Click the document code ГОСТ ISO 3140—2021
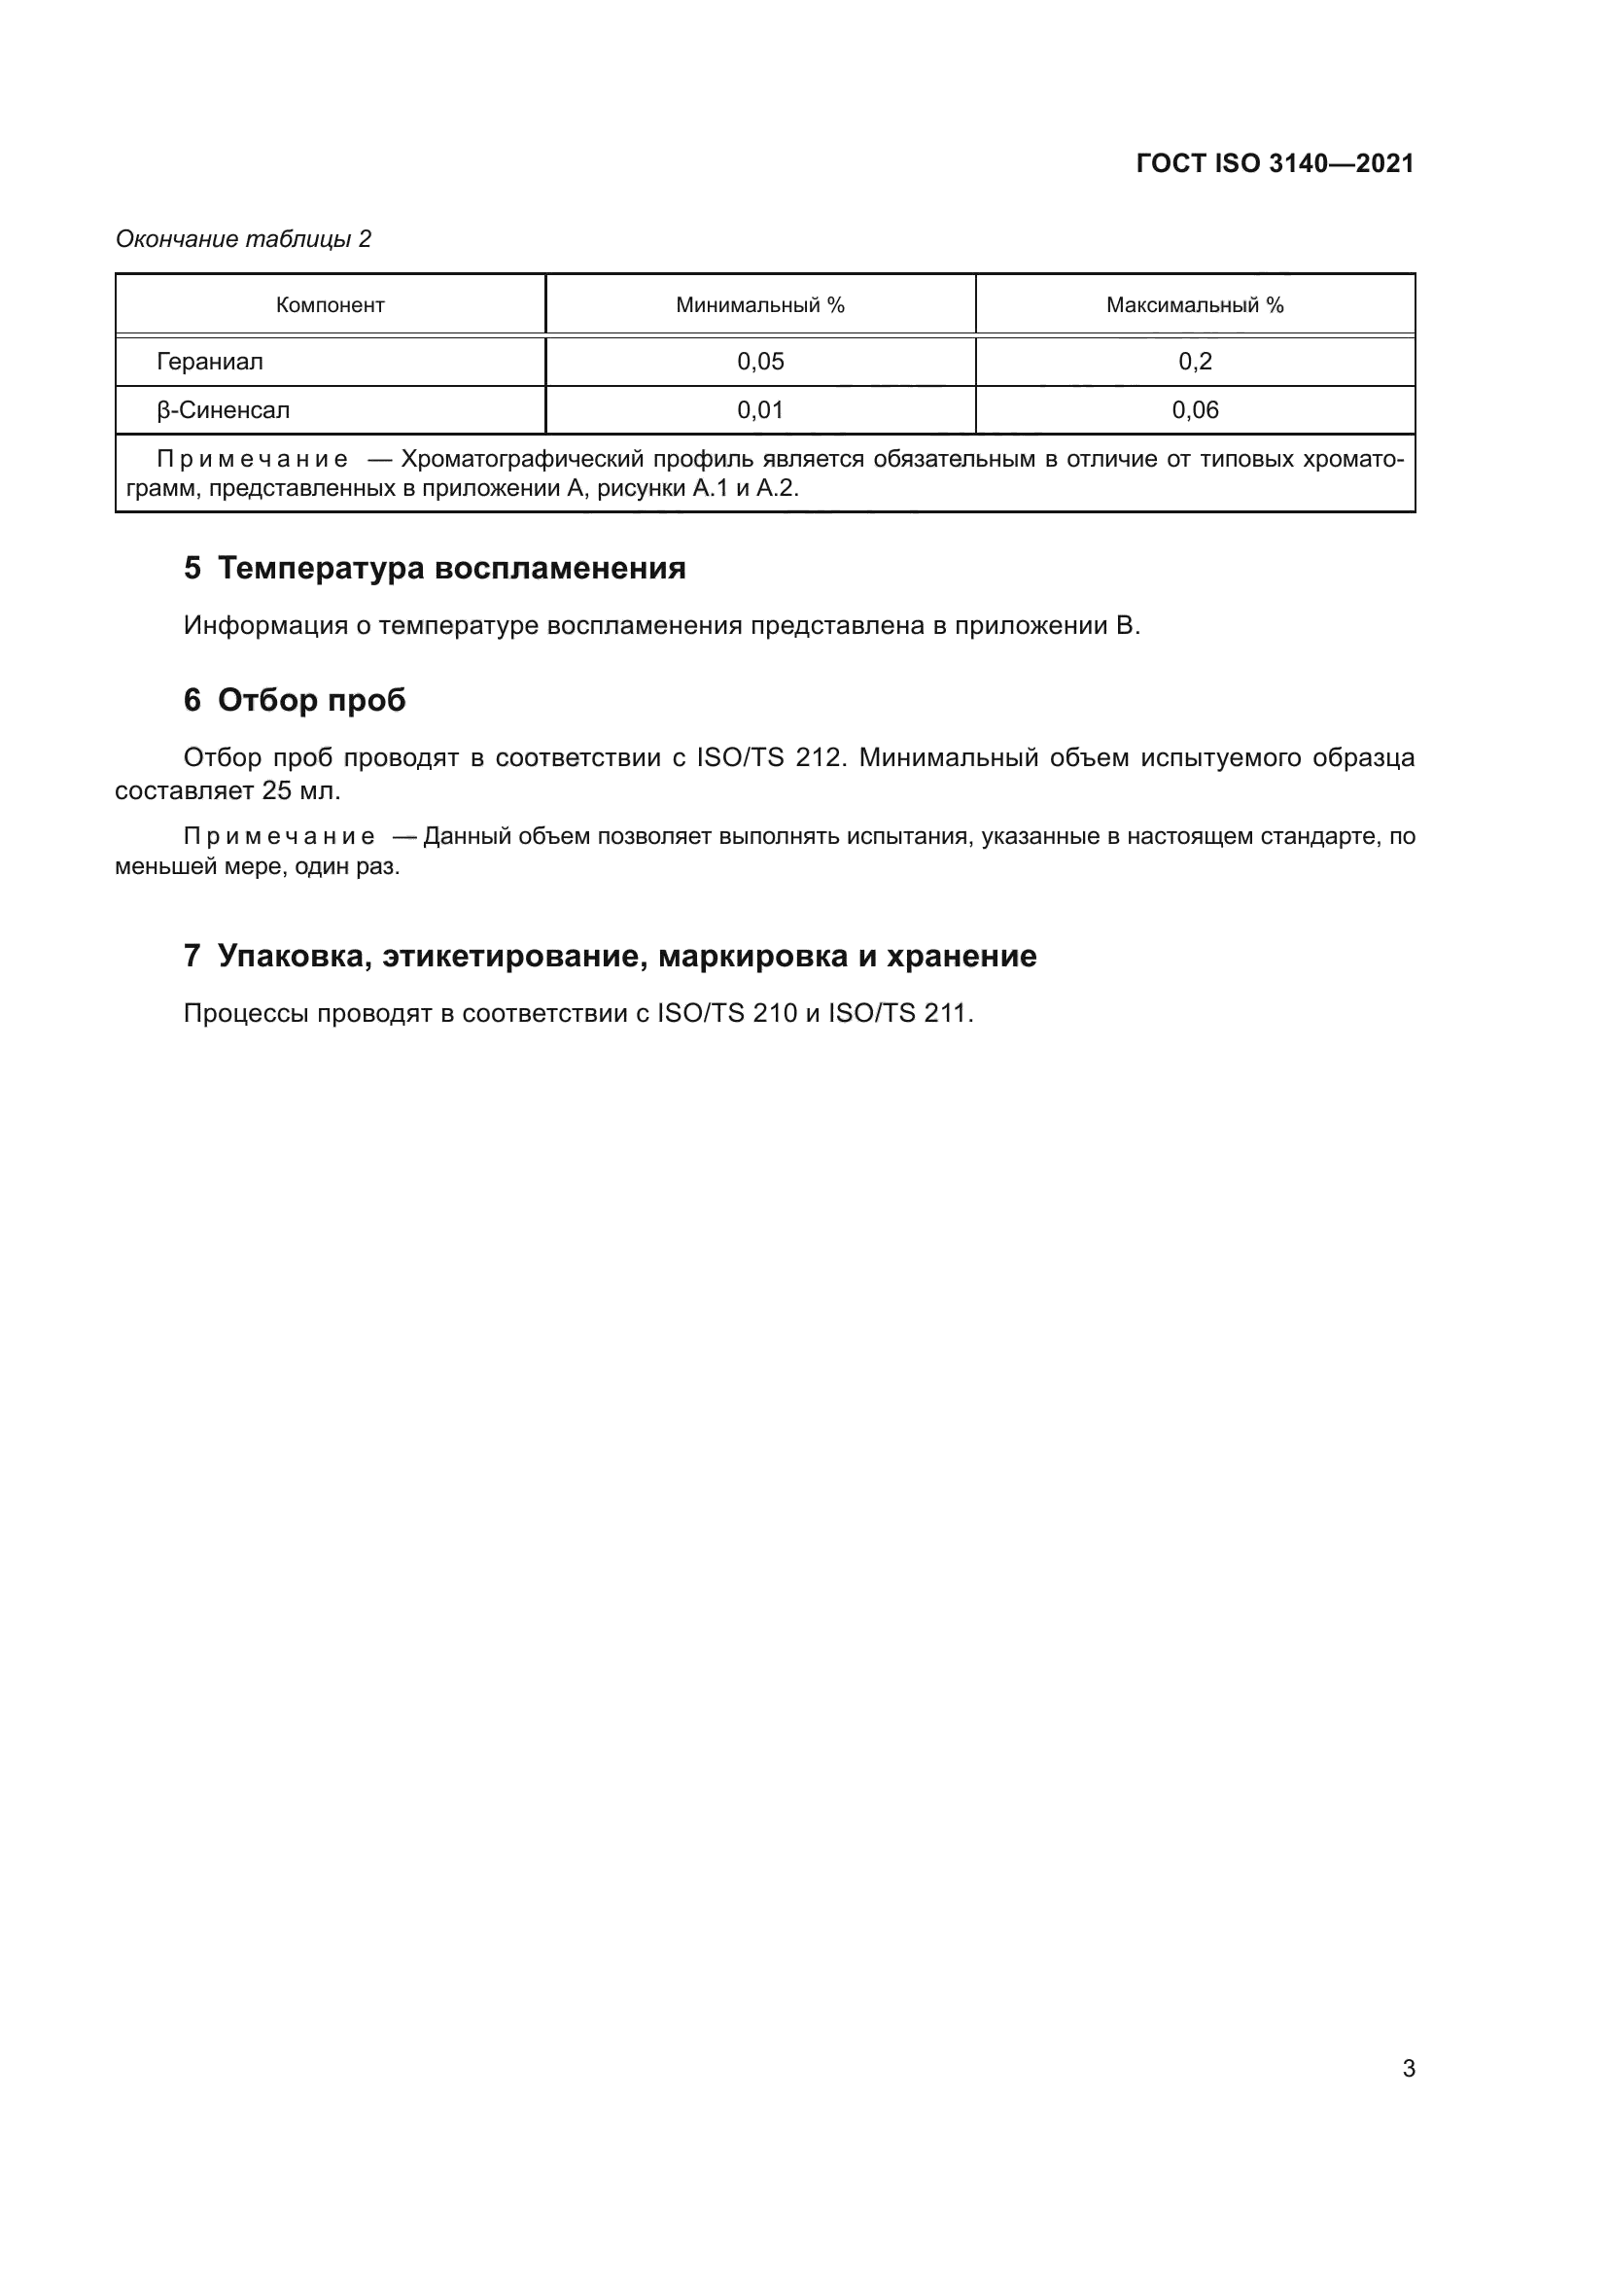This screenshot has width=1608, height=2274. coord(1275,163)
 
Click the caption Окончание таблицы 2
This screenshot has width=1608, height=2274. coord(244,239)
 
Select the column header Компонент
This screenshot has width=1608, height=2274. coord(330,305)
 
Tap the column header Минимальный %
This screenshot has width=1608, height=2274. coord(759,305)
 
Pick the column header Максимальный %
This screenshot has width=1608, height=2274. coord(1194,305)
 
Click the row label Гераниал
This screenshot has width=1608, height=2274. coord(210,362)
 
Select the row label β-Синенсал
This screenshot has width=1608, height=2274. coord(223,410)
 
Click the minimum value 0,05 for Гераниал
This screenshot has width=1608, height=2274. coord(760,362)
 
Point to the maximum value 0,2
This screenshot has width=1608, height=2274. coord(1194,362)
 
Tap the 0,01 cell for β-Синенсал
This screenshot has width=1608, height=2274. coord(760,410)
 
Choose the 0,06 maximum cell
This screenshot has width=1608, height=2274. coord(1194,410)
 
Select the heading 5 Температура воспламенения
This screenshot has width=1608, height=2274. coord(435,569)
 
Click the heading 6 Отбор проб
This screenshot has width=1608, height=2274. coord(296,700)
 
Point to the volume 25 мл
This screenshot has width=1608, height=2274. coord(301,790)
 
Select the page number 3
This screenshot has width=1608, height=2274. coord(1408,2068)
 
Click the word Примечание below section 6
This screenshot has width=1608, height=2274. coord(279,837)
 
